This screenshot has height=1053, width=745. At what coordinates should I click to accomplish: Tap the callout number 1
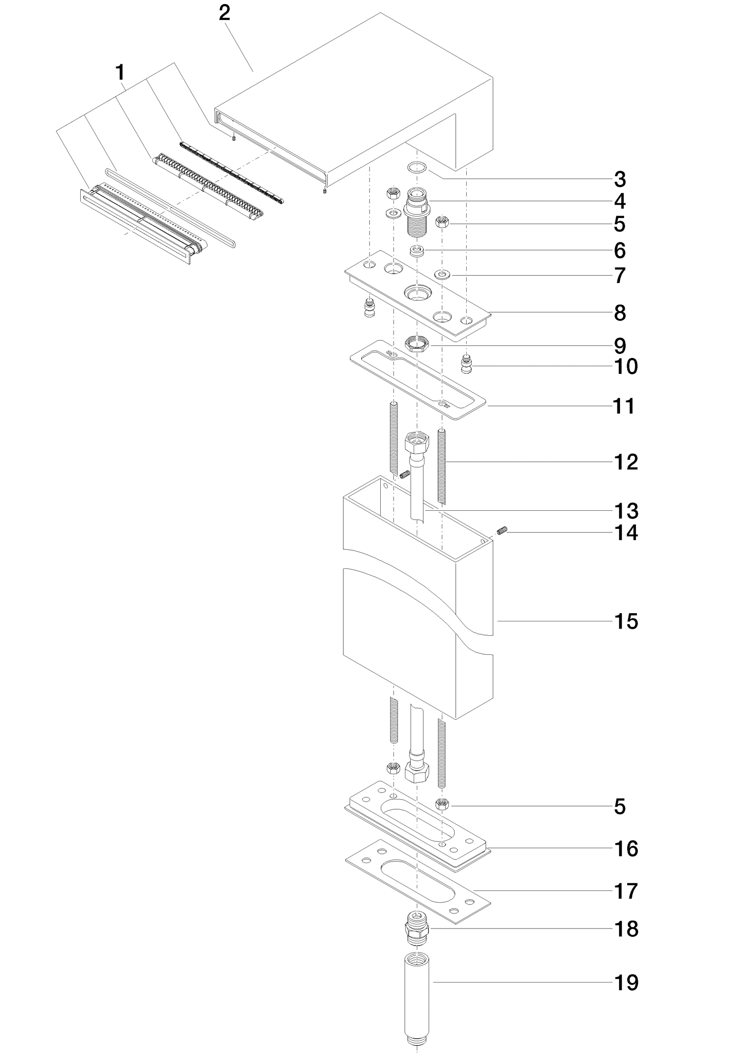pyautogui.click(x=120, y=73)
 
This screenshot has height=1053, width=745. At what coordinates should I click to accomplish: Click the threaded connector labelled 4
pyautogui.click(x=416, y=211)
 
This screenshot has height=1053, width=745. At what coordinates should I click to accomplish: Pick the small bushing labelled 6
pyautogui.click(x=417, y=251)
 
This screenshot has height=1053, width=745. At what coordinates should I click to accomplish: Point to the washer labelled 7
pyautogui.click(x=442, y=273)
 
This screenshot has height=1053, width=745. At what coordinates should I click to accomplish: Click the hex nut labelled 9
pyautogui.click(x=417, y=344)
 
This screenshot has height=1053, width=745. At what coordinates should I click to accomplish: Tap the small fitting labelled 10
pyautogui.click(x=466, y=364)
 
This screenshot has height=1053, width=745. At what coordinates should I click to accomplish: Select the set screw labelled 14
pyautogui.click(x=503, y=530)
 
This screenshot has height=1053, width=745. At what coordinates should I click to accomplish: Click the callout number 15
pyautogui.click(x=626, y=621)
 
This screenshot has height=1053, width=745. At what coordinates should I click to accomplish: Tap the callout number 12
pyautogui.click(x=626, y=462)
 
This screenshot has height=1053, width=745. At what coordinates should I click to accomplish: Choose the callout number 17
pyautogui.click(x=626, y=891)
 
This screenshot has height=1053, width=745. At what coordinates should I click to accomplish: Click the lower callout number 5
pyautogui.click(x=620, y=807)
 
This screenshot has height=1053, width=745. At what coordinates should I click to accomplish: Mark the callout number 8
pyautogui.click(x=620, y=313)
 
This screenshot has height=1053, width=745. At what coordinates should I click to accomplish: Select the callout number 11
pyautogui.click(x=625, y=406)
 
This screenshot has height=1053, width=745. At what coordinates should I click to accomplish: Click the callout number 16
pyautogui.click(x=626, y=849)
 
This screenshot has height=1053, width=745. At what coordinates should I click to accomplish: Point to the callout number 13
pyautogui.click(x=626, y=511)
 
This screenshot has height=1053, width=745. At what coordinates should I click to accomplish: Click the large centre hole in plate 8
pyautogui.click(x=417, y=294)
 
